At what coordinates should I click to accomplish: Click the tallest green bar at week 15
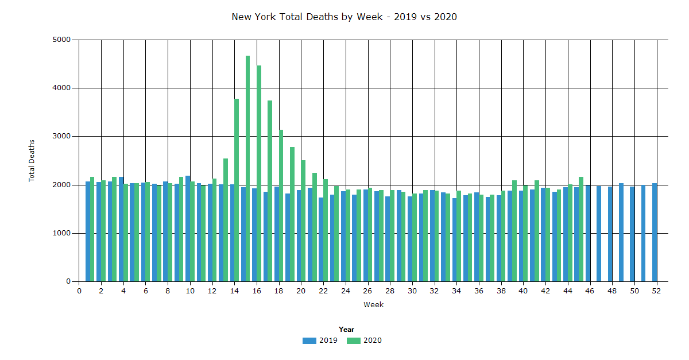(248, 169)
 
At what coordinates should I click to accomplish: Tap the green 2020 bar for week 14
(237, 190)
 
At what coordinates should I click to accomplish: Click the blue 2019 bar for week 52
(655, 233)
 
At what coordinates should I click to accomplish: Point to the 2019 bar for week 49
(621, 233)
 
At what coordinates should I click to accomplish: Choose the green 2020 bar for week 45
(581, 229)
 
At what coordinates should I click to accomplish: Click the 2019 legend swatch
(309, 340)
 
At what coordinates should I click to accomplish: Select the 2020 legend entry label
(373, 340)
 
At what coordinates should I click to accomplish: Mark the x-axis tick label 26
(367, 291)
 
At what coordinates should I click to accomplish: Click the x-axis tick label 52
(656, 291)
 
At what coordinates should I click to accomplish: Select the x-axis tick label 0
(79, 291)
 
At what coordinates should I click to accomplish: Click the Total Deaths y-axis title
(32, 161)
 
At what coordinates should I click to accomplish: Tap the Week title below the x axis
(373, 305)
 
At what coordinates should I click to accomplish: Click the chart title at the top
(344, 17)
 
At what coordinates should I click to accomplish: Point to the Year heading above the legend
(346, 330)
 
